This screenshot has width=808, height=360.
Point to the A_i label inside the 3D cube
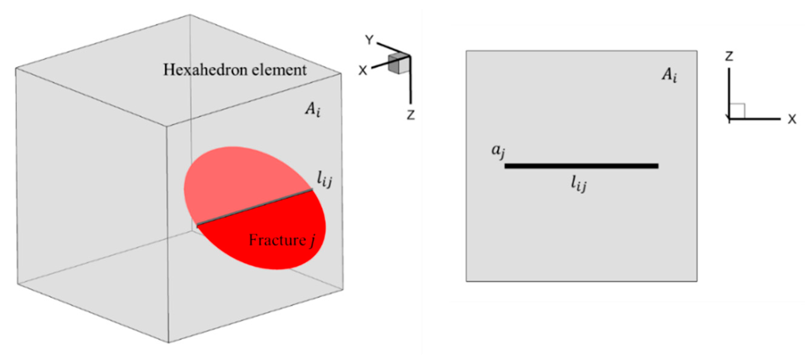click(x=313, y=110)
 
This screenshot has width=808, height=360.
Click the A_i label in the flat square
click(x=669, y=76)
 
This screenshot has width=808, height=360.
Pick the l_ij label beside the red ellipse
click(x=324, y=180)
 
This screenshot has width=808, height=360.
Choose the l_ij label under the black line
click(x=578, y=184)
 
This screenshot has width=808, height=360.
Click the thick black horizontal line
click(x=581, y=166)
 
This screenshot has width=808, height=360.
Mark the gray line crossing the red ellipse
click(x=254, y=207)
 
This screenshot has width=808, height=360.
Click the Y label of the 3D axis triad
click(x=370, y=40)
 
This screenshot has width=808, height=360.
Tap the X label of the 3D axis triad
click(x=362, y=71)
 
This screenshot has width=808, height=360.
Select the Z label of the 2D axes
click(x=729, y=56)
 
